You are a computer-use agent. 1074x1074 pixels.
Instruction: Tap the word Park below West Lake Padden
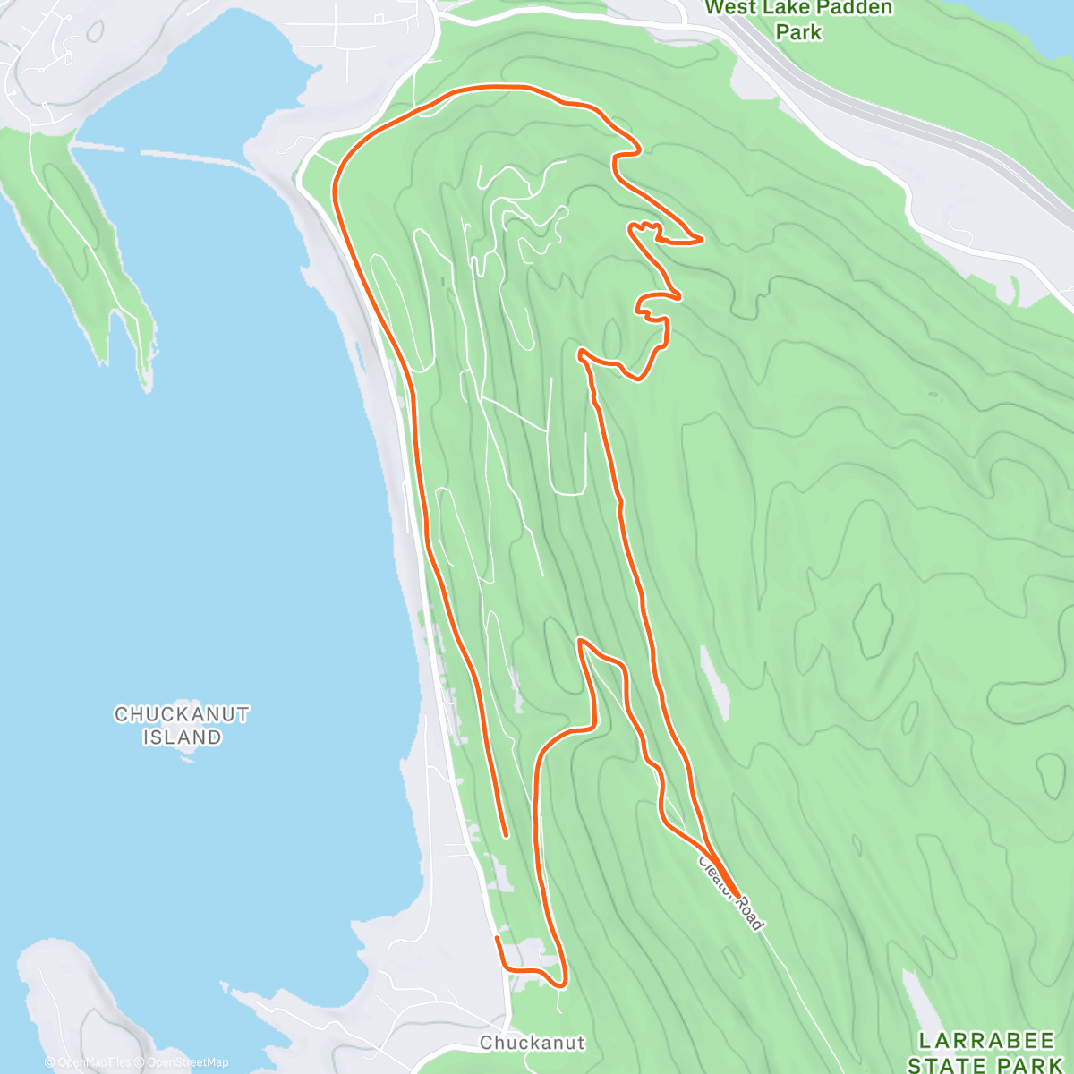tap(798, 32)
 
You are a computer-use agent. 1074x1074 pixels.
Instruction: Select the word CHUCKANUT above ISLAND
tap(182, 714)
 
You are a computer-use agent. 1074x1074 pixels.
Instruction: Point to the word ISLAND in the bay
tap(182, 737)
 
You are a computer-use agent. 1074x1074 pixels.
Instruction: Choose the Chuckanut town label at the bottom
tap(532, 1043)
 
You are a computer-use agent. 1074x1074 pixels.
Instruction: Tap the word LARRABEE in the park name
tap(986, 1041)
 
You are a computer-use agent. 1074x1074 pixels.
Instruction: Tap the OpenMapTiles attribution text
tap(92, 1062)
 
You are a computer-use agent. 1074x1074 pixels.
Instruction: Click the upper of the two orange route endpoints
tap(506, 835)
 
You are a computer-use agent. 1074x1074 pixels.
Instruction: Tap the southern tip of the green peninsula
tap(143, 383)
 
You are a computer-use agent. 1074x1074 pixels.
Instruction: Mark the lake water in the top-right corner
tap(1029, 13)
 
